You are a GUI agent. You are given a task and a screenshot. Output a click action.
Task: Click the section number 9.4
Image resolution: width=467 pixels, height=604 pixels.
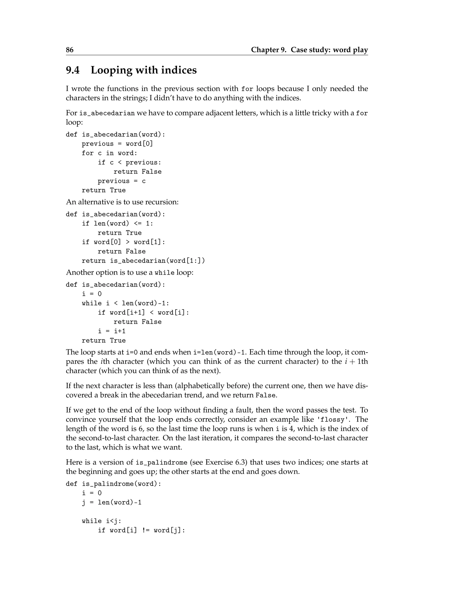(73, 70)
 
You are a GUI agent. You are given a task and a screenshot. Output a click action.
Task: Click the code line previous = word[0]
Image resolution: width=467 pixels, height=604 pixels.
(117, 144)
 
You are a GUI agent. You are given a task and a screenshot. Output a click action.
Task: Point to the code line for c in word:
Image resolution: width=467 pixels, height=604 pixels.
(109, 153)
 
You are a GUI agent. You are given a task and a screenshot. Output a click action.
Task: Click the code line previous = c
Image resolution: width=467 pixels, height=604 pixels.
(122, 181)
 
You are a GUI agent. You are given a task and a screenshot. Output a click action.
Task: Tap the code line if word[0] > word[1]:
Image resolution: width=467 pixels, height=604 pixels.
(123, 242)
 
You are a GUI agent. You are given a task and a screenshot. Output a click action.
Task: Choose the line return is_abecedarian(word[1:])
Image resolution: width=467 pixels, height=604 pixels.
(143, 261)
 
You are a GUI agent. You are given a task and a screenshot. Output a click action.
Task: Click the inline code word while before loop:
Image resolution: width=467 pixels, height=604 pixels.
(164, 273)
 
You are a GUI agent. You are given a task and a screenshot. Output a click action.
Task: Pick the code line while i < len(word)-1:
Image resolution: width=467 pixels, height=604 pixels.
(125, 303)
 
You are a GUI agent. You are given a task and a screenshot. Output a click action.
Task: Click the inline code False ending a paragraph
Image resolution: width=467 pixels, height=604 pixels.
(265, 395)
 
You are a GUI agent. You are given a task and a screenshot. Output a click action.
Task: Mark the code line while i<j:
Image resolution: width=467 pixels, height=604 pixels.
(101, 521)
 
